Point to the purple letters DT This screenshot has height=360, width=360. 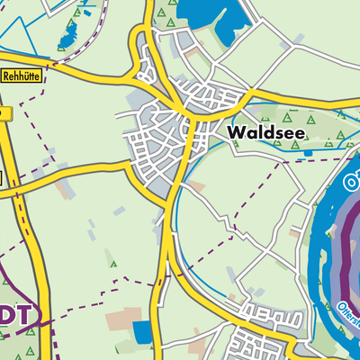20,314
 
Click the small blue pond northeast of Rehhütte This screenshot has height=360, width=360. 67,36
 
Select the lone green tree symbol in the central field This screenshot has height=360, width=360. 112,263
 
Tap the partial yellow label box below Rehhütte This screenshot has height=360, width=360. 4,113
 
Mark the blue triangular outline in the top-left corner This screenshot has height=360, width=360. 18,22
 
